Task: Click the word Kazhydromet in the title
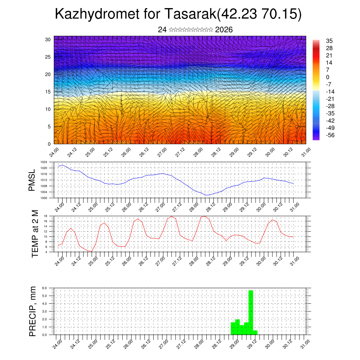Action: click(91, 14)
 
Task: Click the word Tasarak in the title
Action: click(190, 14)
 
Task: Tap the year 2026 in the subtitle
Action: click(224, 30)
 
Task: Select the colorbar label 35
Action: click(329, 41)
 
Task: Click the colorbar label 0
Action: click(328, 77)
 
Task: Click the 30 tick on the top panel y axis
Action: click(47, 39)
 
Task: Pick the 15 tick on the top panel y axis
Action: click(47, 92)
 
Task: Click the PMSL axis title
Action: click(32, 180)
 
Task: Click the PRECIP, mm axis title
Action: click(33, 311)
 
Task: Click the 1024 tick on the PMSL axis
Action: click(44, 162)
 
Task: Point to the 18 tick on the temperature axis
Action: click(45, 216)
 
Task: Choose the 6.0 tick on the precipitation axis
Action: click(45, 288)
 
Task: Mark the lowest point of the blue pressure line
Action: click(207, 195)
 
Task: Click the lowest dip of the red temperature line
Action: click(91, 251)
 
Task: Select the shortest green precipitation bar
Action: click(255, 333)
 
